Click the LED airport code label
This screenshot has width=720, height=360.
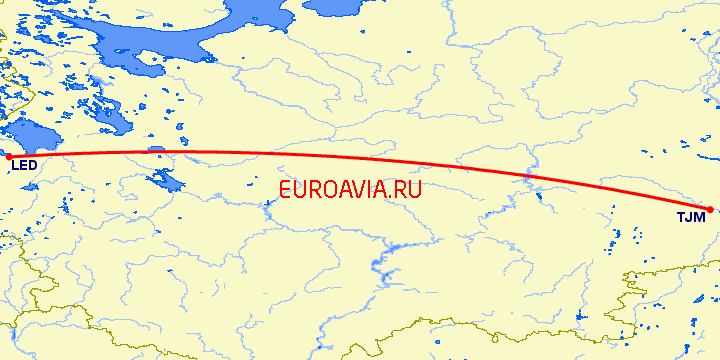[x=25, y=165]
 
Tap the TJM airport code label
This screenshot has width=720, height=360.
[x=689, y=217]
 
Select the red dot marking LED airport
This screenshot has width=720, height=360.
[x=8, y=156]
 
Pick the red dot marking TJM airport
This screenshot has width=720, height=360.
[x=709, y=210]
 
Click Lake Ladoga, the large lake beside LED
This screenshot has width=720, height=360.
[x=30, y=136]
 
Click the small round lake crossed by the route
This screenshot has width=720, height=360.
[x=156, y=150]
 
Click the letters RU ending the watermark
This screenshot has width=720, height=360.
[x=408, y=189]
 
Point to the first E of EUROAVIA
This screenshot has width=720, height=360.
[x=287, y=189]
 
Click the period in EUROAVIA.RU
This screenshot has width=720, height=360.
[x=390, y=196]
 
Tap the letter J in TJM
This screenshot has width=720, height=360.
[x=689, y=217]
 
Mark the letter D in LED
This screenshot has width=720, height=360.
[x=34, y=165]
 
